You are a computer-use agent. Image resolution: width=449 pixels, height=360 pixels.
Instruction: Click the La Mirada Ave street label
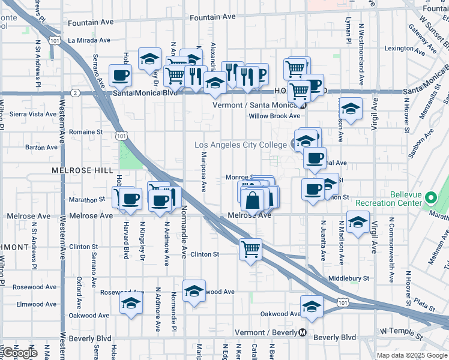pos(89,40)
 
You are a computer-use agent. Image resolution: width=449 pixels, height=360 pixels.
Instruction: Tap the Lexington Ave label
pos(400,49)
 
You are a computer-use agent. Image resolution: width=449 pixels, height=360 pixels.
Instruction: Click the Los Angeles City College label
pos(241,145)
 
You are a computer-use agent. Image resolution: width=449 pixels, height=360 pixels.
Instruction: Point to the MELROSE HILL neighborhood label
pos(82,170)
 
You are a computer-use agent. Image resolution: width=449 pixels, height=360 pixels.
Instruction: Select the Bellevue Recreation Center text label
pos(414,199)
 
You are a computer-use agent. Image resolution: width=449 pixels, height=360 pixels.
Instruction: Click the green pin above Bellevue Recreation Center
pos(431,197)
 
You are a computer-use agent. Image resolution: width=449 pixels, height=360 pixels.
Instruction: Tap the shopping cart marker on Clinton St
pos(251,248)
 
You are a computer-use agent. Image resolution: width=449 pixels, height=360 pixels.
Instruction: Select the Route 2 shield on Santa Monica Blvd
pos(75,93)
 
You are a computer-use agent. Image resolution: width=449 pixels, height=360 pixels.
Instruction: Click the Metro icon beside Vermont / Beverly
pos(303,332)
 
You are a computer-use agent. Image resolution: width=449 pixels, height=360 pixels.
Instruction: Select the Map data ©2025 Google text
pos(412,355)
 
